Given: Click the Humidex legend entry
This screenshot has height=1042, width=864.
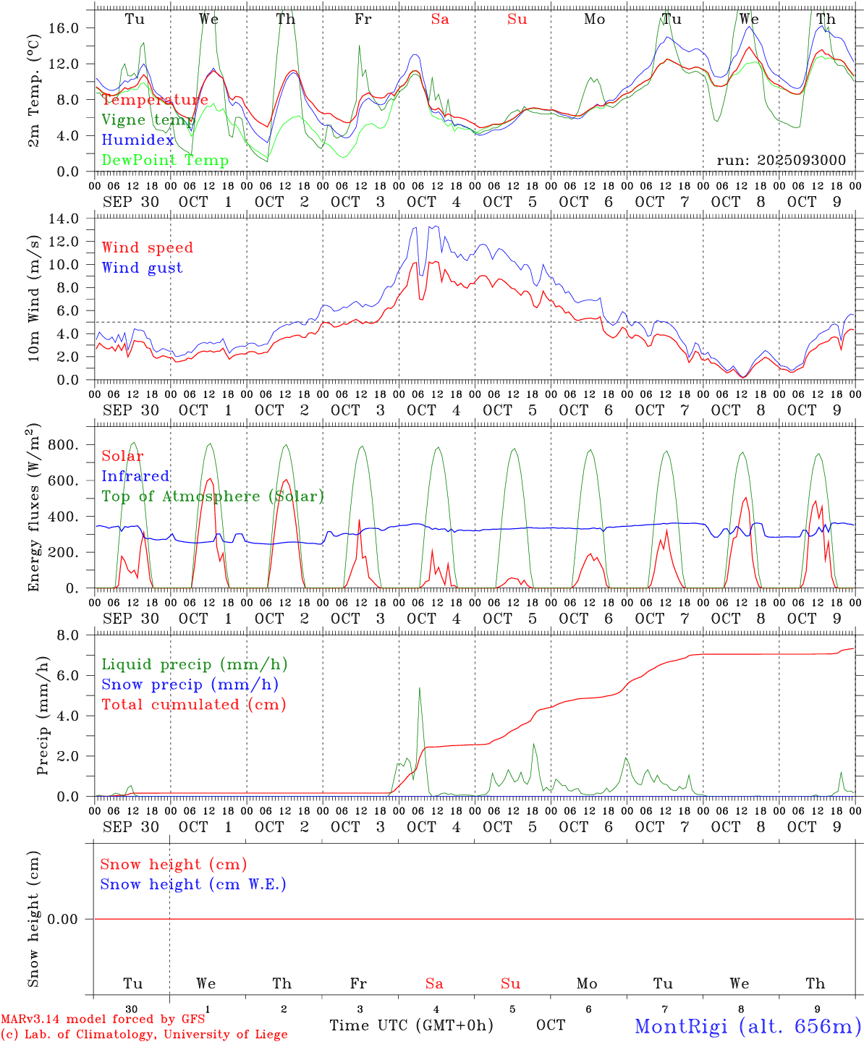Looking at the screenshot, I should pos(137,140).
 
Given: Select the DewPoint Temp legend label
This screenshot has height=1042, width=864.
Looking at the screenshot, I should pos(165,160).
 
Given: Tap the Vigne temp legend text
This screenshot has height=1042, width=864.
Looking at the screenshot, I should pos(148,120).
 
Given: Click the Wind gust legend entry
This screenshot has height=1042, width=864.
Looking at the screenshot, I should pos(142,268).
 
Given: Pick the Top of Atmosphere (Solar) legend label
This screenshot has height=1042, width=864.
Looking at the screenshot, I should pos(212,496).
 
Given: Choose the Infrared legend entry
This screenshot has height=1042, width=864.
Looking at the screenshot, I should pos(135,476).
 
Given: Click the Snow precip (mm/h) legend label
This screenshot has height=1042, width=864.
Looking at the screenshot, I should pos(190,685).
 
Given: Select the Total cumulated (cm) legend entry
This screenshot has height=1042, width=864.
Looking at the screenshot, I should pos(193,704).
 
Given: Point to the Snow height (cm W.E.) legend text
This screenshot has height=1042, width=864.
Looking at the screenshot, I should pos(192,884).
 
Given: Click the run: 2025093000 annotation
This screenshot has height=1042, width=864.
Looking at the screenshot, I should pos(781,160).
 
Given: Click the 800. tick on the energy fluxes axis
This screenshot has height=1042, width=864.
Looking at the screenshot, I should pos(63,445).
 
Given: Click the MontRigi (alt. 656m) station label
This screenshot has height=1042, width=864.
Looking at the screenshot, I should pos(747,1025).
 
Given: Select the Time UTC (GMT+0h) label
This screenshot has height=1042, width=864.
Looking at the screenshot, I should pos(411,1025).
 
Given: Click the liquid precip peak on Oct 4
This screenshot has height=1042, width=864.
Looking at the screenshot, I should pos(419,688).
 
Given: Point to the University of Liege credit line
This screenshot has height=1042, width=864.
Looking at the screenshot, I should pos(143,1035).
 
